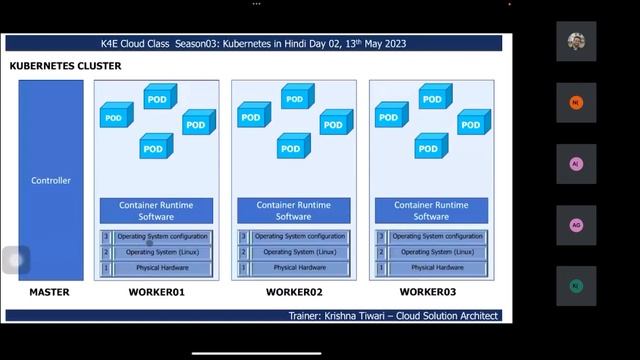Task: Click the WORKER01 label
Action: [x=157, y=292]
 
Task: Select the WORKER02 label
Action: [x=294, y=292]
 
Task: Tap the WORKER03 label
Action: [x=431, y=292]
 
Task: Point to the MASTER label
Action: [x=49, y=292]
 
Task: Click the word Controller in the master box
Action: [x=51, y=181]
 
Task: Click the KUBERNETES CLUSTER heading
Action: [x=65, y=66]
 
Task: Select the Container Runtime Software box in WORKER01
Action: [x=156, y=211]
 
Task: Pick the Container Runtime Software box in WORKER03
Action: [x=431, y=211]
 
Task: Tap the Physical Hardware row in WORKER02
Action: [x=300, y=268]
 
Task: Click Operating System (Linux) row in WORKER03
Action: [x=438, y=252]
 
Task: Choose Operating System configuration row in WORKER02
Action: [x=300, y=236]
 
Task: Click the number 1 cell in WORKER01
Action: [x=105, y=268]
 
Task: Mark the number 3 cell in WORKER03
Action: [x=380, y=236]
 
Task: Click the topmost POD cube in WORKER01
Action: [x=157, y=98]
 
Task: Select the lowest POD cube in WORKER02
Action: [x=290, y=148]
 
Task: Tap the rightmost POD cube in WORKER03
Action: [x=472, y=123]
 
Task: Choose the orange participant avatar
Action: [x=576, y=103]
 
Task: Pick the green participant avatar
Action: [x=576, y=285]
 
